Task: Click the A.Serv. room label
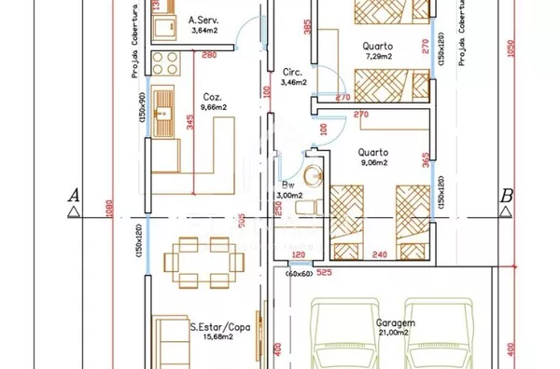click(203, 19)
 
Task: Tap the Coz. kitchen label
click(212, 95)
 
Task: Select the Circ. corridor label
click(290, 72)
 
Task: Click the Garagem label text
click(397, 322)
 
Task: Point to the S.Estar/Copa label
click(219, 327)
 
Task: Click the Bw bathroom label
click(288, 184)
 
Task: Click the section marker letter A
click(71, 196)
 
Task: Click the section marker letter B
click(507, 196)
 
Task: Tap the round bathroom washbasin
click(313, 174)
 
